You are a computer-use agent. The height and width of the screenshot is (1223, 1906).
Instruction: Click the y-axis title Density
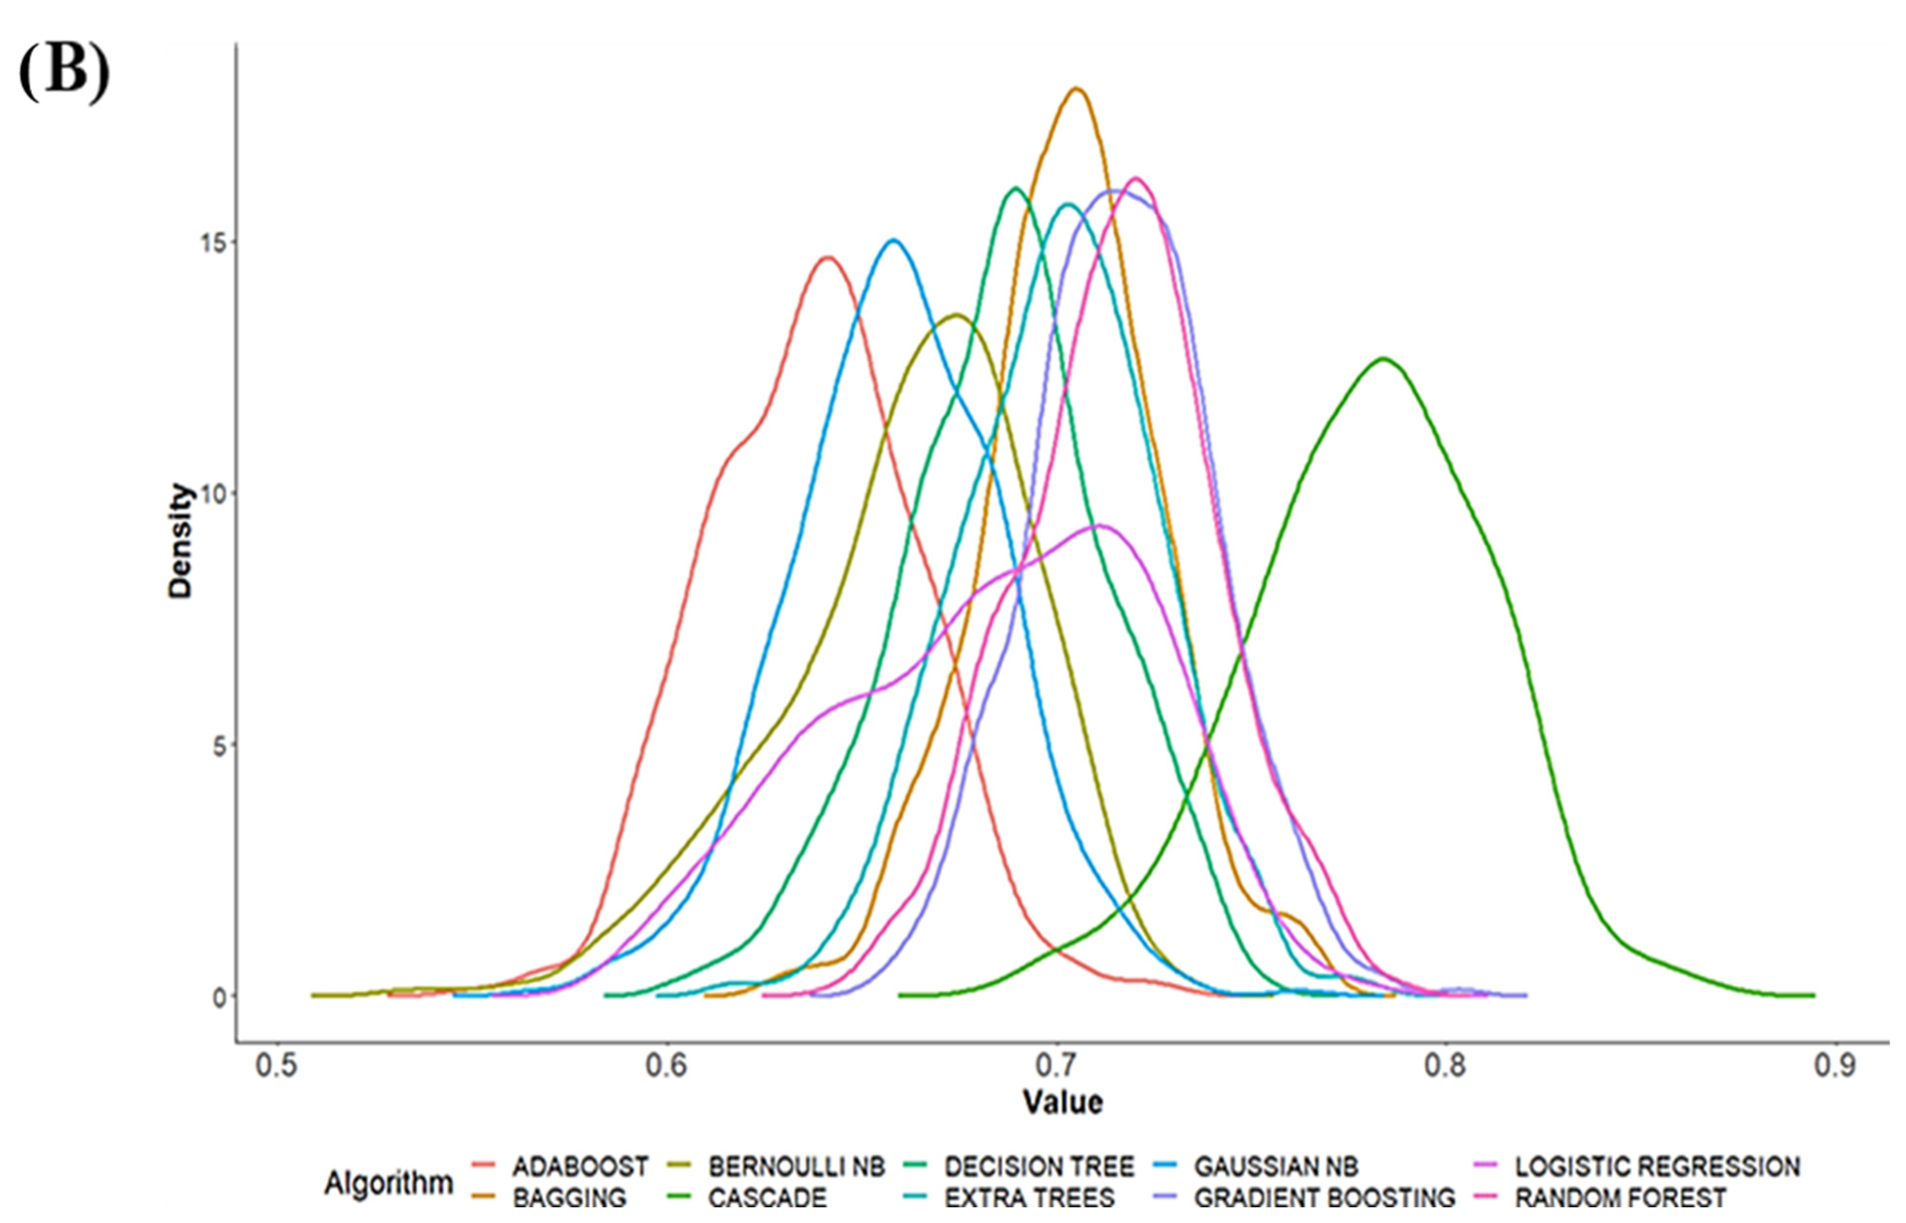pos(181,540)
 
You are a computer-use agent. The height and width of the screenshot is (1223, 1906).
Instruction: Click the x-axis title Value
pos(1063,1102)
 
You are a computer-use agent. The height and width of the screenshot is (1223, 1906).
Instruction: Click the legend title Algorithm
pos(388,1183)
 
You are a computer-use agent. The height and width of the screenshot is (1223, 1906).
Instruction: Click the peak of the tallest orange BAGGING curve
pos(1076,88)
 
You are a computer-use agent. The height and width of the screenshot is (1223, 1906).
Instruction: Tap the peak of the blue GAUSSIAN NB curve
pos(893,240)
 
